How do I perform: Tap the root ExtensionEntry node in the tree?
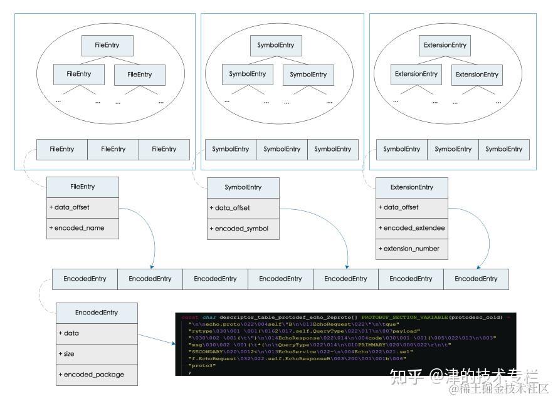tap(445, 45)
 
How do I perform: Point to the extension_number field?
tap(412, 249)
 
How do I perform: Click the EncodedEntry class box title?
tap(96, 313)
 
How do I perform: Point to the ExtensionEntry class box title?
tap(412, 187)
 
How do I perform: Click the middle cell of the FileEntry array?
tap(113, 149)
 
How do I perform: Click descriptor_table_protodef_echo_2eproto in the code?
tap(286, 318)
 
